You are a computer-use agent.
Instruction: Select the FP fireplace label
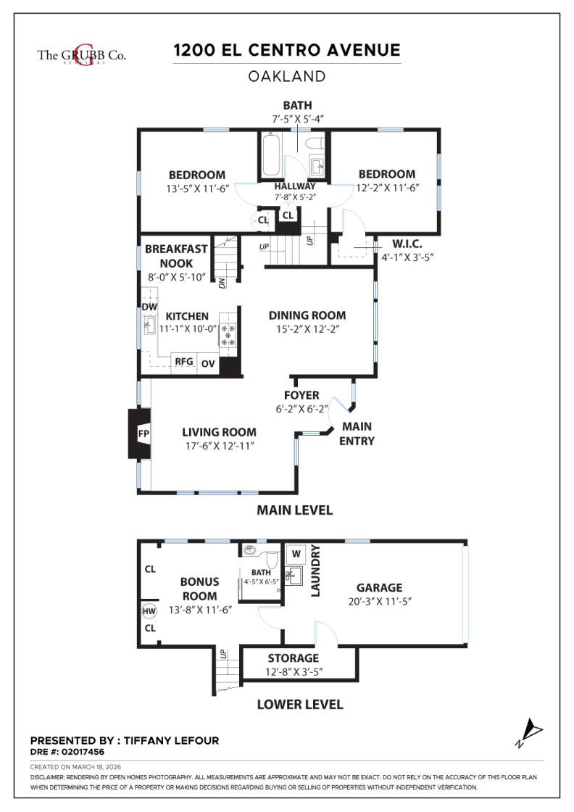pyautogui.click(x=143, y=434)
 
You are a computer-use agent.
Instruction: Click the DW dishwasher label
pyautogui.click(x=149, y=307)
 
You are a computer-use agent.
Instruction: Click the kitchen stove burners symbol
pyautogui.click(x=229, y=334)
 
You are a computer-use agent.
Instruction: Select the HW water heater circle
pyautogui.click(x=149, y=611)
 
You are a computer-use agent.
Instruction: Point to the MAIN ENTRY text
pyautogui.click(x=357, y=434)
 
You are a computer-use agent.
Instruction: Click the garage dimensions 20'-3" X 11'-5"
pyautogui.click(x=379, y=601)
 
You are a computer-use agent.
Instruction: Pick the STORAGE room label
pyautogui.click(x=293, y=658)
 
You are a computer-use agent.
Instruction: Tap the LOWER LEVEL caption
pyautogui.click(x=300, y=704)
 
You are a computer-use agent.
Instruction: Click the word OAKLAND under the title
pyautogui.click(x=287, y=76)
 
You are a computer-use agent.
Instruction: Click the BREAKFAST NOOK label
pyautogui.click(x=176, y=256)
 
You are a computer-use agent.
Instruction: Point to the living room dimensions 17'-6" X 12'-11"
pyautogui.click(x=219, y=446)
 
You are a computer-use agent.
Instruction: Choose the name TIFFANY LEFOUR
pyautogui.click(x=172, y=741)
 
